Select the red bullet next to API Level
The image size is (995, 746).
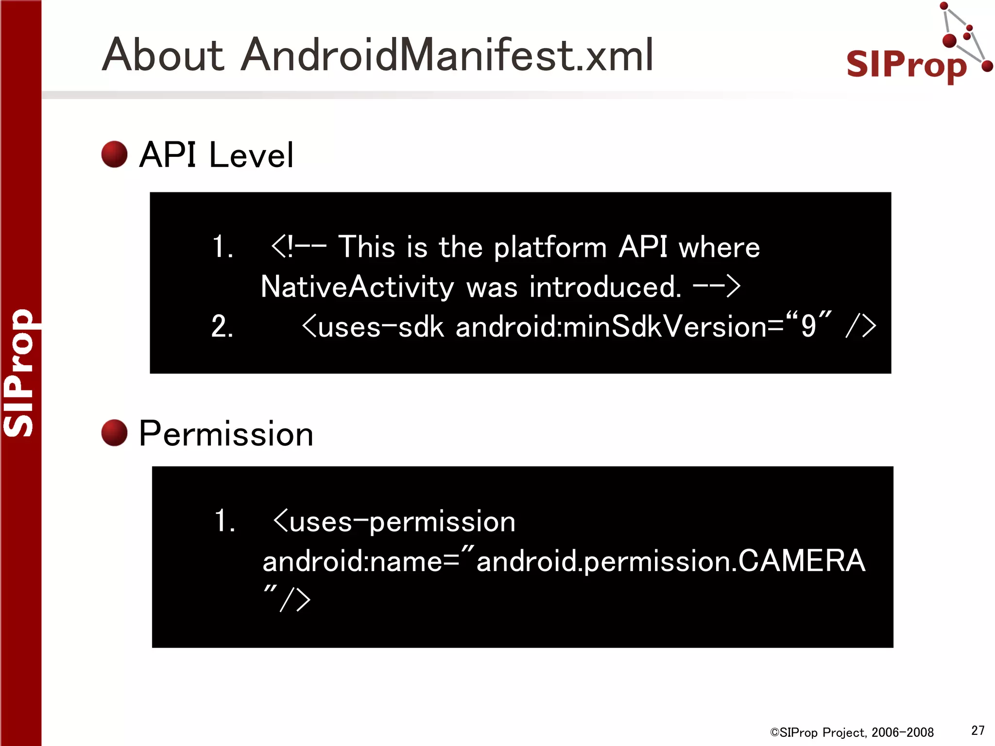[x=114, y=154]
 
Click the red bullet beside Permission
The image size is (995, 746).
[x=114, y=433]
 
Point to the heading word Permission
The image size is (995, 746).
[x=226, y=434]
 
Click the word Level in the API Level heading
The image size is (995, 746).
[x=251, y=155]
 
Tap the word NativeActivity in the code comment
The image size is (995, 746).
[x=357, y=287]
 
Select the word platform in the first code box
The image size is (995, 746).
[x=550, y=248]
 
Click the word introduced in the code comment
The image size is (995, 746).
[x=605, y=287]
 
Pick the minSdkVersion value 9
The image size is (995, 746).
[x=808, y=326]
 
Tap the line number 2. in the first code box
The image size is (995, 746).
[x=222, y=326]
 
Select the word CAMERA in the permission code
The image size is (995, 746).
[x=801, y=561]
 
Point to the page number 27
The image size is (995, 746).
[x=978, y=730]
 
